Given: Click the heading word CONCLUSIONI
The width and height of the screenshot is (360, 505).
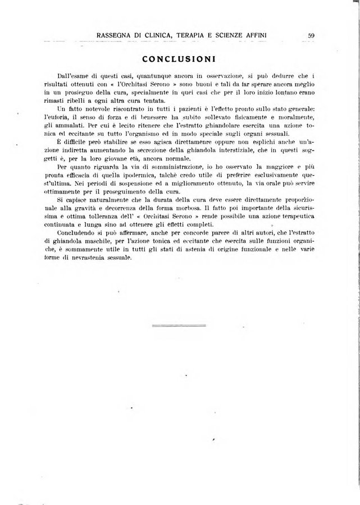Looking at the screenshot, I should (x=181, y=58).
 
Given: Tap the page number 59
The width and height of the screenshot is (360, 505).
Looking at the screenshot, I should (x=311, y=36).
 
